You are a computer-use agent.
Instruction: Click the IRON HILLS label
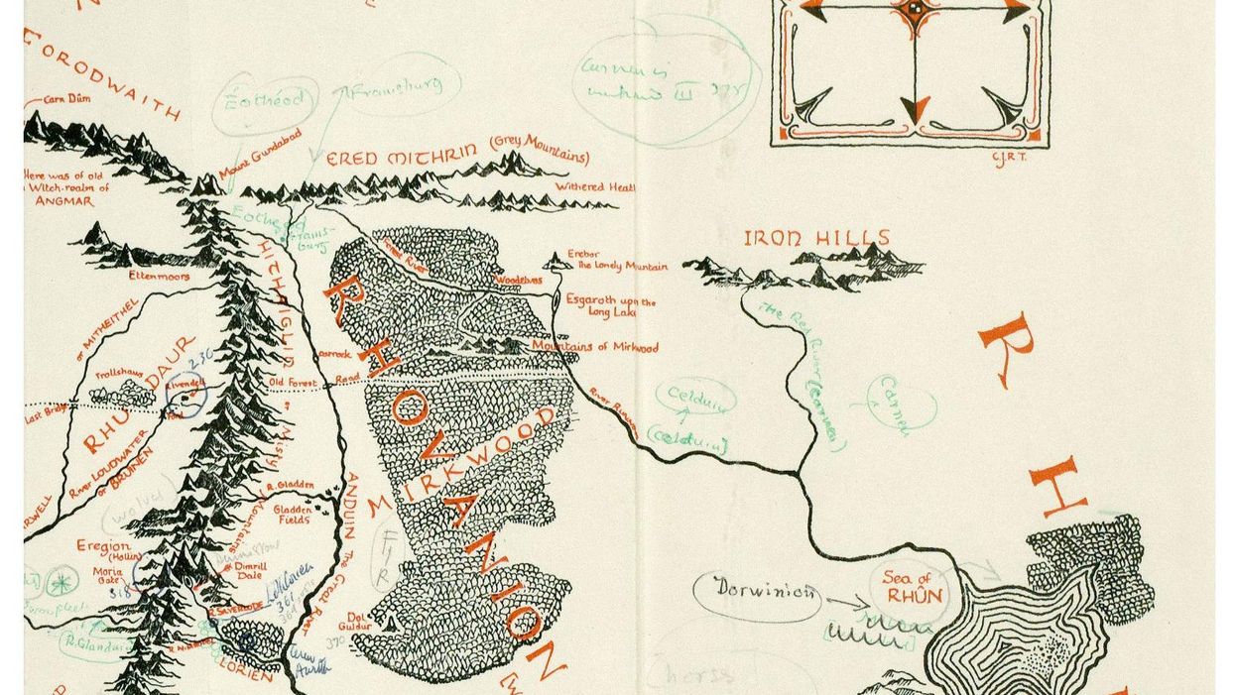tap(817, 238)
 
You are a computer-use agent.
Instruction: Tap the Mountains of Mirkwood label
tap(595, 347)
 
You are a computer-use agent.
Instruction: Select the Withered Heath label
tap(595, 186)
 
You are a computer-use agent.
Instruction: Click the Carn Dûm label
tap(69, 100)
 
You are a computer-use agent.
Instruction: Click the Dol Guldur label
tap(358, 621)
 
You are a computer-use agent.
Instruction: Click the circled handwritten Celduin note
tap(694, 398)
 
